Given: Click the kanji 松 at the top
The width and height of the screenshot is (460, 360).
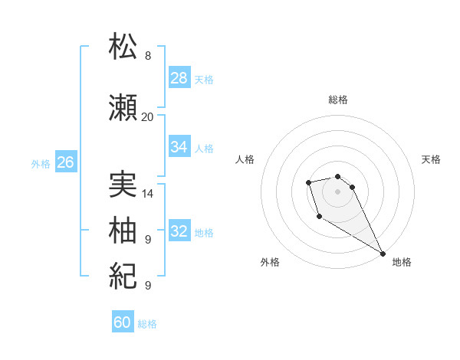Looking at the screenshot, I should coord(123,46).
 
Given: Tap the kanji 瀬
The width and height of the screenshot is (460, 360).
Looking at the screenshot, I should coord(123,109).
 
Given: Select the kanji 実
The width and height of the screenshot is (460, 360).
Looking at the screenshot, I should coord(123,186).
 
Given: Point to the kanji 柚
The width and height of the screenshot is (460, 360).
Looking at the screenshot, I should coord(123,230).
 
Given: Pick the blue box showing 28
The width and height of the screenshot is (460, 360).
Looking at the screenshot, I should coord(179,78).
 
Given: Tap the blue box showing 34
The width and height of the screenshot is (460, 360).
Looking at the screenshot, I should coord(179,147).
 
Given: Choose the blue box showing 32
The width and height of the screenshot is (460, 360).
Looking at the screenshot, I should coord(179,231).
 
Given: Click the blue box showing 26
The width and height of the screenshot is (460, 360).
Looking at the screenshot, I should coord(65,162).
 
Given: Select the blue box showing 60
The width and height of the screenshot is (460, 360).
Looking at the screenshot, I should coord(123,322).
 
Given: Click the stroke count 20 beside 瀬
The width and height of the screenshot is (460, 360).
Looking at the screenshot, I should coord(147,117).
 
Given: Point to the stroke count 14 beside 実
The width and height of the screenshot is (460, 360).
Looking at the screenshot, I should coord(148,194).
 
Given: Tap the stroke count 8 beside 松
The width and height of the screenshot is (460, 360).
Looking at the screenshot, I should coord(148,55).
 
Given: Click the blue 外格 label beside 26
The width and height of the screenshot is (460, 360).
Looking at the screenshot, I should coord(41,164).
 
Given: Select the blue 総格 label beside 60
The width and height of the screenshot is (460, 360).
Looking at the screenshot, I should coord(147,324).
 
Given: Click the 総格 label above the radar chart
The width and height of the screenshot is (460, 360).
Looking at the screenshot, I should coord(338,100).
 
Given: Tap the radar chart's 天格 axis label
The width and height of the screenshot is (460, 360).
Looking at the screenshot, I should coord(432,159).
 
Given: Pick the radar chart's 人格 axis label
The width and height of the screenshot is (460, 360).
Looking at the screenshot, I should coord(245,159).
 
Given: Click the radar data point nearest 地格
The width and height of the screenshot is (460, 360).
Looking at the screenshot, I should coord(383,254).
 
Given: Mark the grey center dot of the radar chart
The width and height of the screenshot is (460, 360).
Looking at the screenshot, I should coord(338,191).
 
